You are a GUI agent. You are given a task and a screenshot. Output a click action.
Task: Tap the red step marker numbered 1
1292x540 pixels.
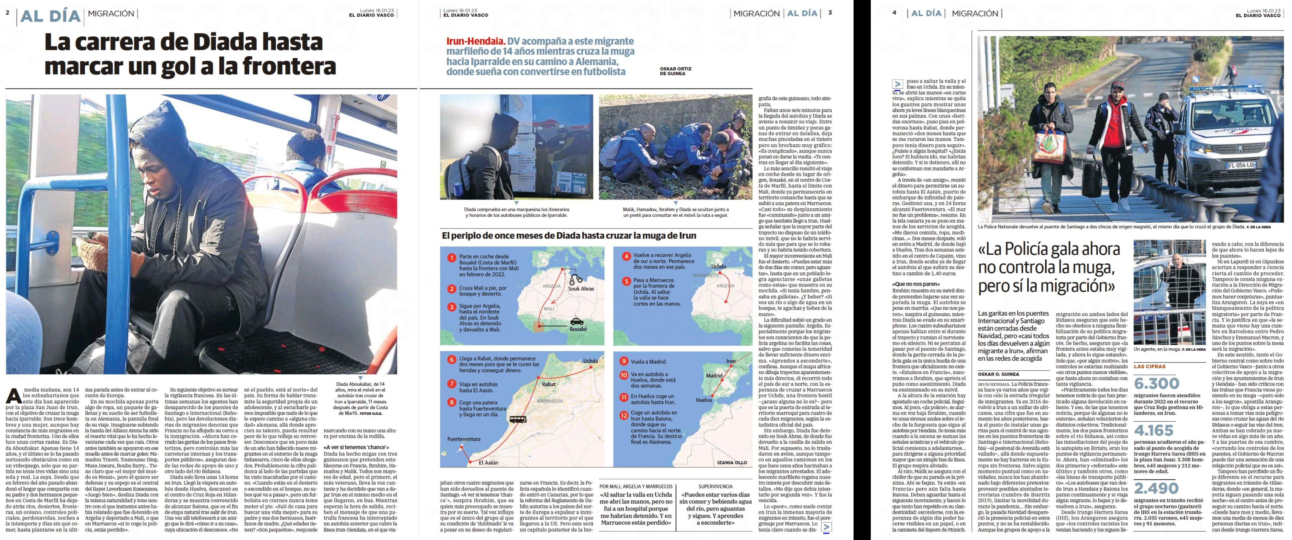tap(451, 258)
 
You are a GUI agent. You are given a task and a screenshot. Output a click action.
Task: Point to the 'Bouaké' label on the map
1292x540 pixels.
tap(578, 329)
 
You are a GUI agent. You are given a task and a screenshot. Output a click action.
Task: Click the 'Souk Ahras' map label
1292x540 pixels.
tap(581, 288)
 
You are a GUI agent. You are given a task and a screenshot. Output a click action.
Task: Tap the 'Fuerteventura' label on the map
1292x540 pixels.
tap(463, 439)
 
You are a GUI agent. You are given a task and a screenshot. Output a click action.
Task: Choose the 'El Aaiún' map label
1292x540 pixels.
tap(488, 462)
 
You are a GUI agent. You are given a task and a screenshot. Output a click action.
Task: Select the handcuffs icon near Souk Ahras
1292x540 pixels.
tap(576, 280)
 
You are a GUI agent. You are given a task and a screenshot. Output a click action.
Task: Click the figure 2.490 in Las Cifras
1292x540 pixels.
tap(1156, 488)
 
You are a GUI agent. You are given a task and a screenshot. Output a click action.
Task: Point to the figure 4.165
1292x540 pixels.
tap(1154, 430)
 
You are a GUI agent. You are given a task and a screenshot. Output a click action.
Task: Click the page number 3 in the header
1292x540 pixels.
tap(830, 13)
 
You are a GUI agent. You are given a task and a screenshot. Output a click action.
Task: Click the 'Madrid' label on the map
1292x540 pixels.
tap(714, 375)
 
